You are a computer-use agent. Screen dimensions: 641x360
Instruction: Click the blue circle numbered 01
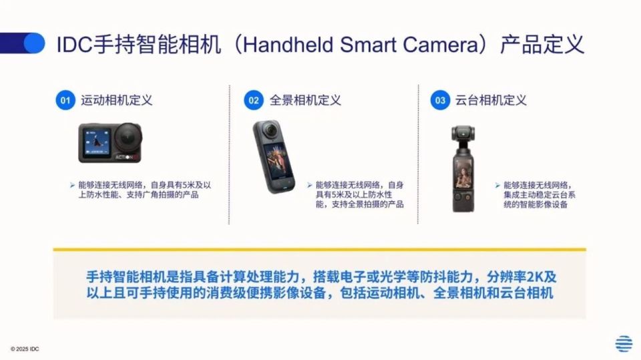(x=65, y=100)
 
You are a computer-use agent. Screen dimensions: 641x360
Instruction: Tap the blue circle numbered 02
(x=254, y=100)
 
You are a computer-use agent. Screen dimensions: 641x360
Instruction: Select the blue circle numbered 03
(x=440, y=100)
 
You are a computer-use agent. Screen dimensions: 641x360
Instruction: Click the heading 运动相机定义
(x=116, y=100)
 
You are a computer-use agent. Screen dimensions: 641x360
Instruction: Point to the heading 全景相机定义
(x=305, y=100)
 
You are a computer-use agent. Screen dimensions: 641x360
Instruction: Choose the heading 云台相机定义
(x=491, y=100)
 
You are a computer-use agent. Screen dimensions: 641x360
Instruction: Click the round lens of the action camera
(x=128, y=137)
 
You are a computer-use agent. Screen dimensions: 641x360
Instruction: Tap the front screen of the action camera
(x=97, y=142)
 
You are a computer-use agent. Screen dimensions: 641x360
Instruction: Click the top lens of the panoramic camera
(x=270, y=131)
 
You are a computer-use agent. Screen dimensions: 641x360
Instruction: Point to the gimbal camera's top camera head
(x=463, y=134)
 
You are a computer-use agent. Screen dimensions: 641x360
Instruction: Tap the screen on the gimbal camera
(x=463, y=174)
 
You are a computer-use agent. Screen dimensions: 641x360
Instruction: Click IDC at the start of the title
(x=74, y=45)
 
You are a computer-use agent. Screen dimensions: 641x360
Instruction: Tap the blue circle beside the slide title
(x=34, y=43)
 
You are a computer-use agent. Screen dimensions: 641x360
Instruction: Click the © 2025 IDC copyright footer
(x=25, y=349)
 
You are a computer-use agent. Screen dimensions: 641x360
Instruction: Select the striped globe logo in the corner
(x=624, y=343)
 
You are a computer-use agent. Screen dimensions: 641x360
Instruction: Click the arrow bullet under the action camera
(x=72, y=185)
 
